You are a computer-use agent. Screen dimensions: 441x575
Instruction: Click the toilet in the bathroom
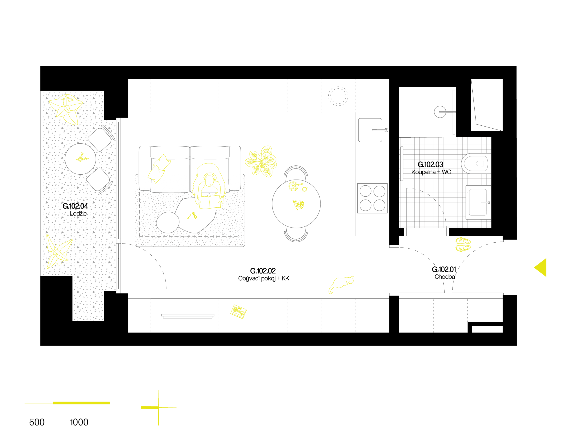pos(476,164)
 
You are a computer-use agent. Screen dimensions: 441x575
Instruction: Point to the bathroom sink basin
pos(478,202)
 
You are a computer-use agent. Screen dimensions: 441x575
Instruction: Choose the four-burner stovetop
pos(372,198)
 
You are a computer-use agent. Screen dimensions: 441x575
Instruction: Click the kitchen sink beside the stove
pos(370,130)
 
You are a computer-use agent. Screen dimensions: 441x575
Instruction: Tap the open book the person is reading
pos(209,202)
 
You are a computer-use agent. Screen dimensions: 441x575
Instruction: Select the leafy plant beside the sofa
pos(261,161)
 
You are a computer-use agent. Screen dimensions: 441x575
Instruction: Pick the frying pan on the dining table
pos(293,186)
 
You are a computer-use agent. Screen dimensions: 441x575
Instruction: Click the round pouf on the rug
pos(168,222)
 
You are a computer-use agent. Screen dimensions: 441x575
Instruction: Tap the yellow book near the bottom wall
pos(239,311)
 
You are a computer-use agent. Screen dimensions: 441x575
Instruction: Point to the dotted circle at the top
pos(338,96)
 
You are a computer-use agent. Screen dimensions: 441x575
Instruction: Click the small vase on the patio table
pos(81,158)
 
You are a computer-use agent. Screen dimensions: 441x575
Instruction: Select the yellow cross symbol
pos(158,408)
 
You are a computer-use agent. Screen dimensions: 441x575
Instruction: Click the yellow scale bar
pos(67,403)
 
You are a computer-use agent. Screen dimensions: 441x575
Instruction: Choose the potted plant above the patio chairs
pos(66,108)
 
